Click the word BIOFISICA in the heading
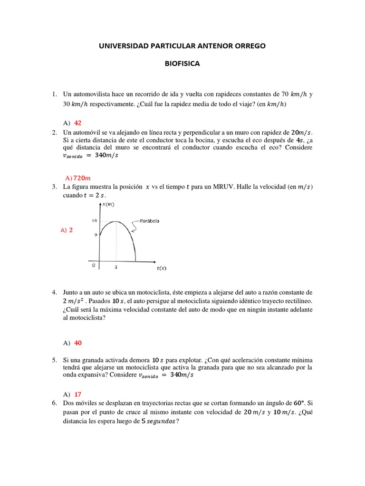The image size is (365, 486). click(x=182, y=64)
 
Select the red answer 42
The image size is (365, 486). click(x=78, y=123)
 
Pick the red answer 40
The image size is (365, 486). click(x=78, y=343)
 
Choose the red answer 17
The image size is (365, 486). click(x=78, y=394)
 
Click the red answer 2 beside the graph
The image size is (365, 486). click(x=71, y=230)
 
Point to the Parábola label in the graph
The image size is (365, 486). click(x=149, y=221)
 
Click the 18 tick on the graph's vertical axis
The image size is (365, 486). click(x=94, y=221)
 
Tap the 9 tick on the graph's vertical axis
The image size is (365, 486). click(x=95, y=235)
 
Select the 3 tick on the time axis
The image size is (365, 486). click(x=116, y=267)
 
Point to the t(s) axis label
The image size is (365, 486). click(x=162, y=268)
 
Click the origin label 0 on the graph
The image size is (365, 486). click(x=94, y=265)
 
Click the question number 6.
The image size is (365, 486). click(x=55, y=402)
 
